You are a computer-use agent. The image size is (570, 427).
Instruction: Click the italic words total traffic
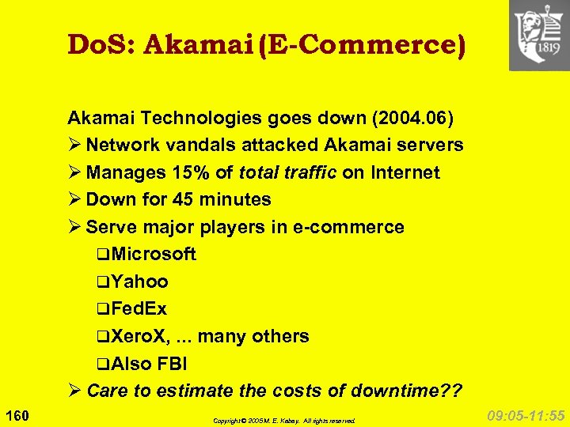point(288,172)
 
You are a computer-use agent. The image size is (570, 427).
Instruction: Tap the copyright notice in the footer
point(284,421)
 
